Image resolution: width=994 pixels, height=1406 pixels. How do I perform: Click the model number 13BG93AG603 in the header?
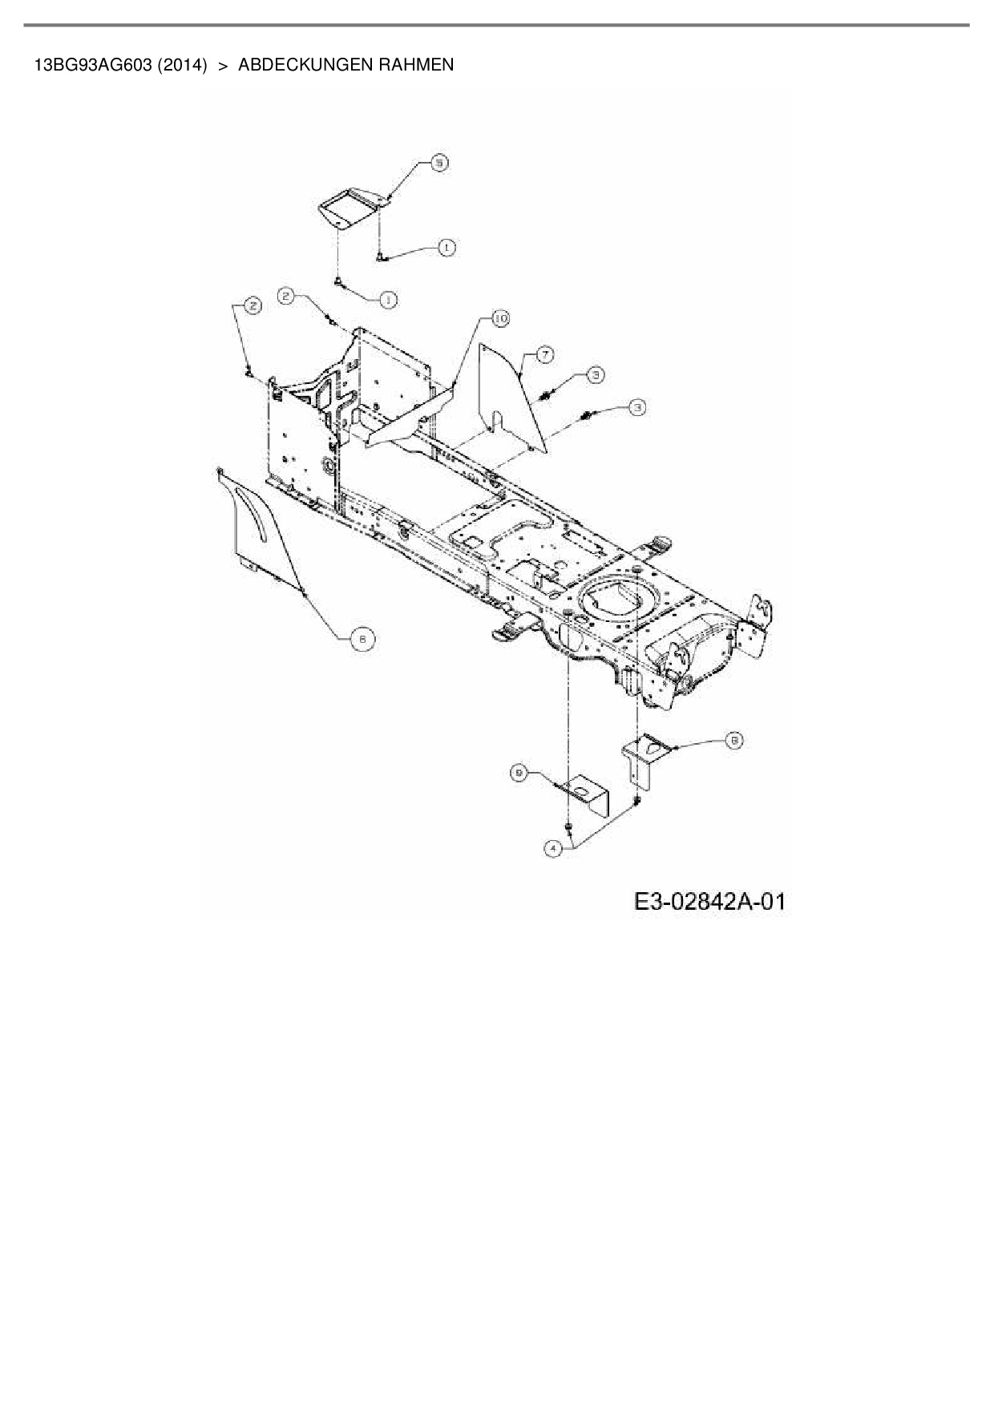(92, 65)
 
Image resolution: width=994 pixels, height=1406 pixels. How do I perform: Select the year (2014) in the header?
(182, 65)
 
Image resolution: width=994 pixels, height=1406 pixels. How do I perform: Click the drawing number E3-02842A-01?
(709, 902)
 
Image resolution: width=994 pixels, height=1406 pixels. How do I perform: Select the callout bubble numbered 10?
(500, 319)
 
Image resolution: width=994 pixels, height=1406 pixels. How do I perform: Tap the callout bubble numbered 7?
(544, 354)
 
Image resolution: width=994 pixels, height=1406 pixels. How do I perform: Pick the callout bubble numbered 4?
(552, 848)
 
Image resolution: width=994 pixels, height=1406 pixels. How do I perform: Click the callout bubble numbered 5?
(438, 164)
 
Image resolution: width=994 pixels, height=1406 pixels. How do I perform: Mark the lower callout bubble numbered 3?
(637, 407)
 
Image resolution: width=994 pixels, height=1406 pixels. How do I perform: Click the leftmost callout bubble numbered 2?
(252, 305)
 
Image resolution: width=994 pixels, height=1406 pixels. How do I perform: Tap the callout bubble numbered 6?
(362, 638)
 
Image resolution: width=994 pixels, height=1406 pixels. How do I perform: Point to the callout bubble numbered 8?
(733, 741)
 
